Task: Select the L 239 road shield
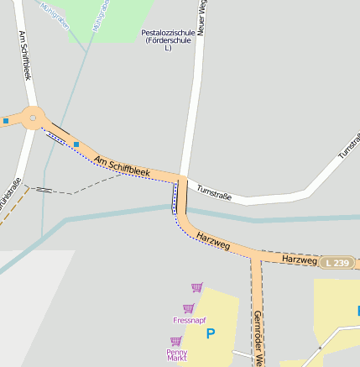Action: click(x=336, y=263)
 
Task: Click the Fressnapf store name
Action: click(x=189, y=320)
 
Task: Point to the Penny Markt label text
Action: click(x=176, y=354)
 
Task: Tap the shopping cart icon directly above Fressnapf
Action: click(x=188, y=308)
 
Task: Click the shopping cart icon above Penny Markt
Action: click(x=175, y=341)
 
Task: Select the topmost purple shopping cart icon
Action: click(x=196, y=287)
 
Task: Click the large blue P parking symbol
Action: click(x=211, y=333)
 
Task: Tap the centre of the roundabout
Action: click(x=33, y=118)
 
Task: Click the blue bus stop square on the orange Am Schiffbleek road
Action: click(x=76, y=144)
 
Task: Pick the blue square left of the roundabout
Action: click(x=5, y=121)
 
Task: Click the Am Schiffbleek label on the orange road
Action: click(x=122, y=166)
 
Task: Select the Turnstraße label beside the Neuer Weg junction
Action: click(x=213, y=194)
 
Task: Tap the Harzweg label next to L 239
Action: click(x=299, y=260)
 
